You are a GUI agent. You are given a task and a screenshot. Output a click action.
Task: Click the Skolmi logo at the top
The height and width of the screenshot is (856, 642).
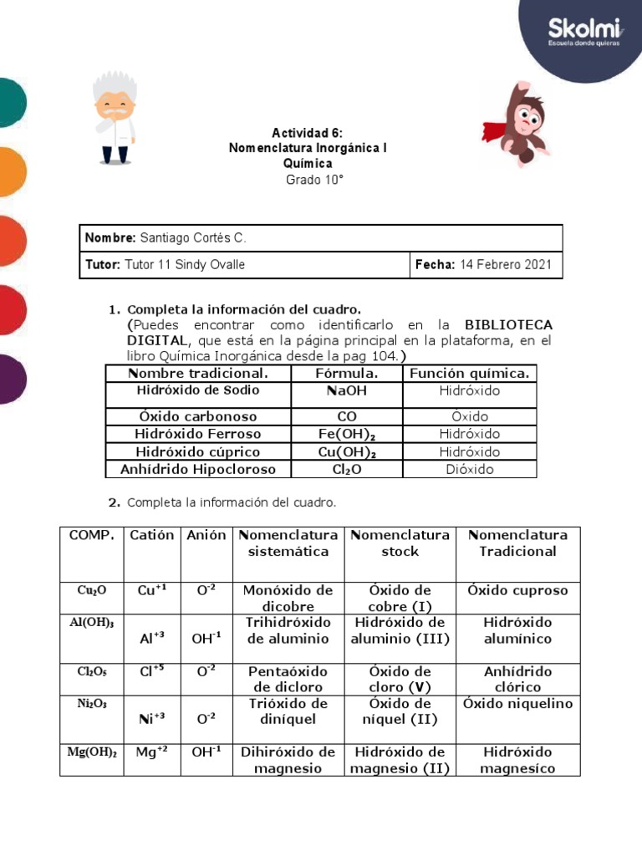click(583, 31)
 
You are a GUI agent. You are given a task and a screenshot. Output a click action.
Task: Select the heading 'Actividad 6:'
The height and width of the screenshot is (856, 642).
click(307, 133)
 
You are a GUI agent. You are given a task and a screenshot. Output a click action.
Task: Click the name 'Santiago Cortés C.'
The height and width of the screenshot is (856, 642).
click(193, 238)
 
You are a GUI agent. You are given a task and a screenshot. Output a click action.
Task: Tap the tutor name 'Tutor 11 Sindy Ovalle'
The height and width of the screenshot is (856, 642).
click(185, 265)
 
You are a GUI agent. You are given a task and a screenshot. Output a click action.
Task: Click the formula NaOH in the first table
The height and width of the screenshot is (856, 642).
click(347, 390)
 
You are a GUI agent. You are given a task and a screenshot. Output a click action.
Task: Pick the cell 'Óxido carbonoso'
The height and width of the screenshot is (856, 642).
click(198, 416)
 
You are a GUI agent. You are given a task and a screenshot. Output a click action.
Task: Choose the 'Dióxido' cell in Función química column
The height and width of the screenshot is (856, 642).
click(470, 469)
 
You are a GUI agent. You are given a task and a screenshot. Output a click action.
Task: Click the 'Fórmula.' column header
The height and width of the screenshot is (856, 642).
click(347, 373)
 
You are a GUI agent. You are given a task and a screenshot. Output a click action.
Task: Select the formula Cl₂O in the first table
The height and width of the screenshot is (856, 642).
click(347, 469)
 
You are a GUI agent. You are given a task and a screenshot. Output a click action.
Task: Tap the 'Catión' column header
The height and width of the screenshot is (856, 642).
click(152, 535)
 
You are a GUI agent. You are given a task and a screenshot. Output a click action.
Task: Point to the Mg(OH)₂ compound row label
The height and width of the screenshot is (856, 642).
click(92, 752)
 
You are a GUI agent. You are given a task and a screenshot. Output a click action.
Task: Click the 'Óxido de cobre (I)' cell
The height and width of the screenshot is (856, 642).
click(400, 599)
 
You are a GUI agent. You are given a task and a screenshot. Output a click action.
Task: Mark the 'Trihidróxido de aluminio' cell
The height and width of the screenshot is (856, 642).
click(288, 630)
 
